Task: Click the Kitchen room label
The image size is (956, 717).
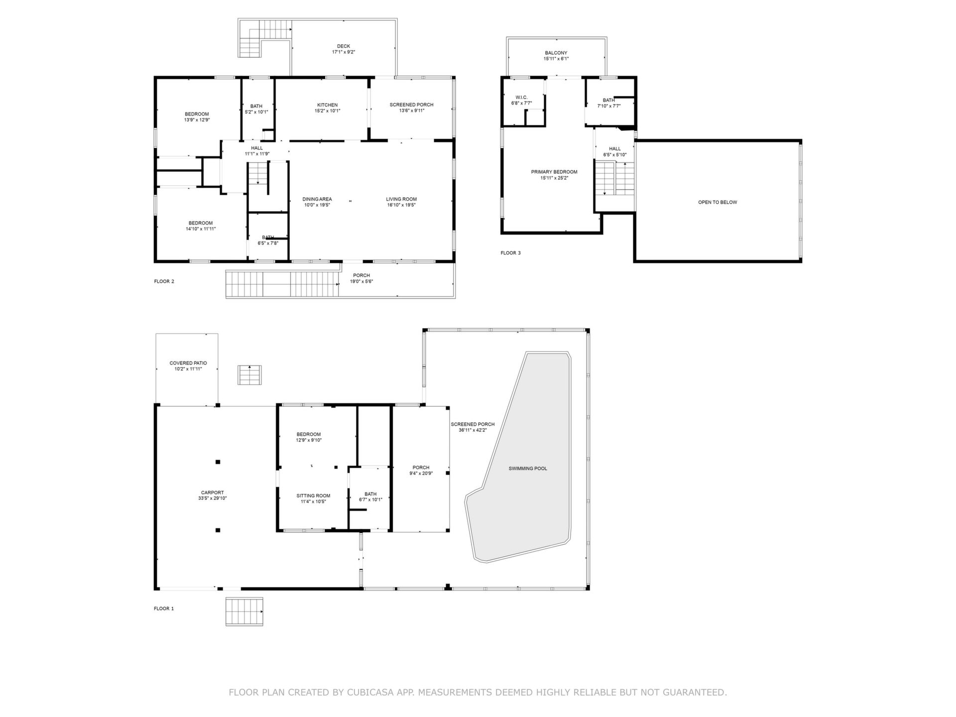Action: (327, 105)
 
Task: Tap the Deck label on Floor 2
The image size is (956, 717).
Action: (343, 46)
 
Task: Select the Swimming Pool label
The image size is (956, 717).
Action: (528, 469)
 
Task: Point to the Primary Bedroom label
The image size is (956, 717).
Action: (554, 172)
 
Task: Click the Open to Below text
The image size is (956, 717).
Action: (717, 202)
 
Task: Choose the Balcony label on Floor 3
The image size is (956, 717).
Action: (556, 53)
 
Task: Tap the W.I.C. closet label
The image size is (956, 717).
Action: (521, 98)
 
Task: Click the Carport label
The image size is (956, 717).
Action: (213, 492)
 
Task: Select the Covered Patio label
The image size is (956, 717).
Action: (188, 363)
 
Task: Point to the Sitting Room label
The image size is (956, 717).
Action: (313, 495)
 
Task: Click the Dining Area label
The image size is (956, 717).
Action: (317, 199)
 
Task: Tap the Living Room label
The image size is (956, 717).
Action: (401, 199)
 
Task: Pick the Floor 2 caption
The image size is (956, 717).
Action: (164, 281)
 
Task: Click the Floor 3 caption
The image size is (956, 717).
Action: (510, 253)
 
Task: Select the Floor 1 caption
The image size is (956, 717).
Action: (164, 608)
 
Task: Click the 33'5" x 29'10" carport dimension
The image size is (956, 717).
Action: (213, 498)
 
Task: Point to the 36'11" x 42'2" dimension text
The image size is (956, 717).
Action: (473, 430)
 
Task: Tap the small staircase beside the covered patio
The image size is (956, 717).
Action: (249, 375)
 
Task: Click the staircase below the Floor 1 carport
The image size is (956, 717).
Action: (244, 611)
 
